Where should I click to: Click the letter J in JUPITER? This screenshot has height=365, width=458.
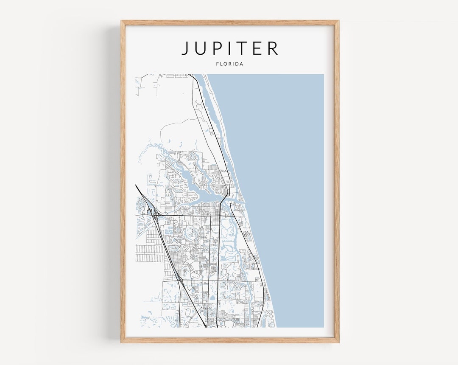[x=185, y=48]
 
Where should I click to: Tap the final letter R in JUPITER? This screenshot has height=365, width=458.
[x=274, y=48]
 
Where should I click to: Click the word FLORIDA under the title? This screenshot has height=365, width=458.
[x=229, y=64]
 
